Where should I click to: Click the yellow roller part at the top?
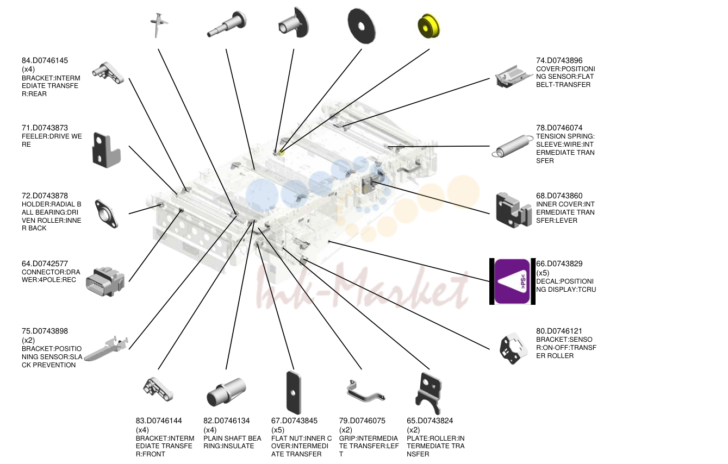click(x=428, y=26)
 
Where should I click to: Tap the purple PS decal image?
click(x=512, y=281)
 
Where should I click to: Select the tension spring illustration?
click(x=512, y=146)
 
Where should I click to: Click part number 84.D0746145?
click(x=45, y=60)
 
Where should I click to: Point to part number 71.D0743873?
click(x=45, y=128)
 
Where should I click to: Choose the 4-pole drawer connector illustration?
click(x=105, y=281)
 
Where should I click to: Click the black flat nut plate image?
click(x=294, y=393)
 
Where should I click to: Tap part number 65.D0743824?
click(x=430, y=421)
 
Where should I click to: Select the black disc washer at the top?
click(x=362, y=26)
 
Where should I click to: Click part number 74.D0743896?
click(x=559, y=60)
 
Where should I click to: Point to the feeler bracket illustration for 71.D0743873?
click(x=106, y=150)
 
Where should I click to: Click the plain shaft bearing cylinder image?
click(x=226, y=392)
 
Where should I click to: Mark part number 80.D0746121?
click(x=559, y=331)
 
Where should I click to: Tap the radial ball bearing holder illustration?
click(x=106, y=214)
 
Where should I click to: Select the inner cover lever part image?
click(x=513, y=210)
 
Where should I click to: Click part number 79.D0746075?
click(x=362, y=421)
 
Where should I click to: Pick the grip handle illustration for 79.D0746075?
click(x=365, y=391)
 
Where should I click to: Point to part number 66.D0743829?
click(x=559, y=264)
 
